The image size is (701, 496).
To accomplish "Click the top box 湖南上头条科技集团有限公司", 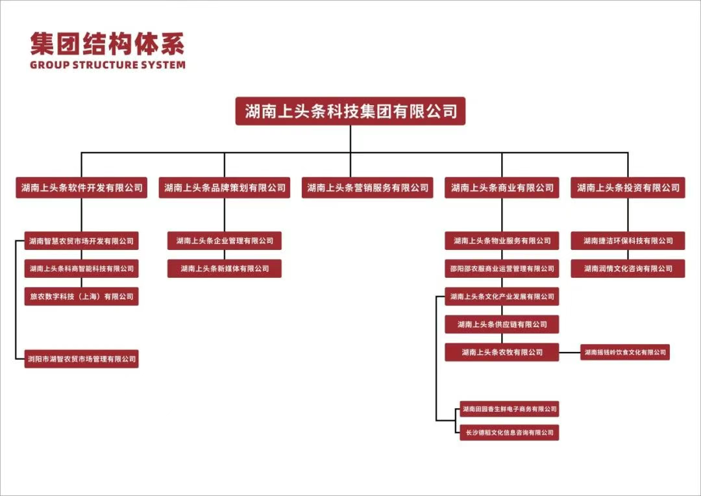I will tap(350, 111).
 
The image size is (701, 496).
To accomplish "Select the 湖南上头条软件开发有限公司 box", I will tap(81, 188).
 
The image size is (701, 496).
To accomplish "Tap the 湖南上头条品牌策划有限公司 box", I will tap(225, 188).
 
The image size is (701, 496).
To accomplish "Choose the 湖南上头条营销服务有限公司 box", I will tap(367, 188).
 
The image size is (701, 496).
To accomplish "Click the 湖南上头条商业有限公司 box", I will tap(502, 188).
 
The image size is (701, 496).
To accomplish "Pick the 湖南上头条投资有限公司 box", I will tap(628, 188).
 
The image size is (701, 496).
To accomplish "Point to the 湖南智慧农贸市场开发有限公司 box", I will tap(81, 241).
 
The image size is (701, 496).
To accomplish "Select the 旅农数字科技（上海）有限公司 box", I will tap(81, 297).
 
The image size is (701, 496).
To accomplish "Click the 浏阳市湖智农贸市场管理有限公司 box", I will tap(81, 358).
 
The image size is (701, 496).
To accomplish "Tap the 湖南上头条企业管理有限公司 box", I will tap(225, 241).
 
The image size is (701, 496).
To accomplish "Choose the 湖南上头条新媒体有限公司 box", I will tap(225, 268).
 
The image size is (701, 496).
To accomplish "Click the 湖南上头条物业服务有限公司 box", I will tap(502, 241).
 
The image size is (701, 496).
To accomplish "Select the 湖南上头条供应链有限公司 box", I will tap(502, 324).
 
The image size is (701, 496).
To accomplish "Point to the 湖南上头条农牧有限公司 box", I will tap(502, 352).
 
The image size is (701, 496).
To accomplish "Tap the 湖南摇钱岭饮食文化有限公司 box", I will tap(624, 353).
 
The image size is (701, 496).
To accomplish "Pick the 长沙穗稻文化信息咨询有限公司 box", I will tap(508, 432).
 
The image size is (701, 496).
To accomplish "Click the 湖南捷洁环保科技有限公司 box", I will tap(628, 241).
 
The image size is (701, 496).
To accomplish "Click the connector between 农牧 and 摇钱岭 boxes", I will tap(569, 353).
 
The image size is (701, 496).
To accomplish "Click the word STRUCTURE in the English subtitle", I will tap(106, 65).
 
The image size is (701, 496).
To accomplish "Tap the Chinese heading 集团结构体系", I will tap(107, 43).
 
